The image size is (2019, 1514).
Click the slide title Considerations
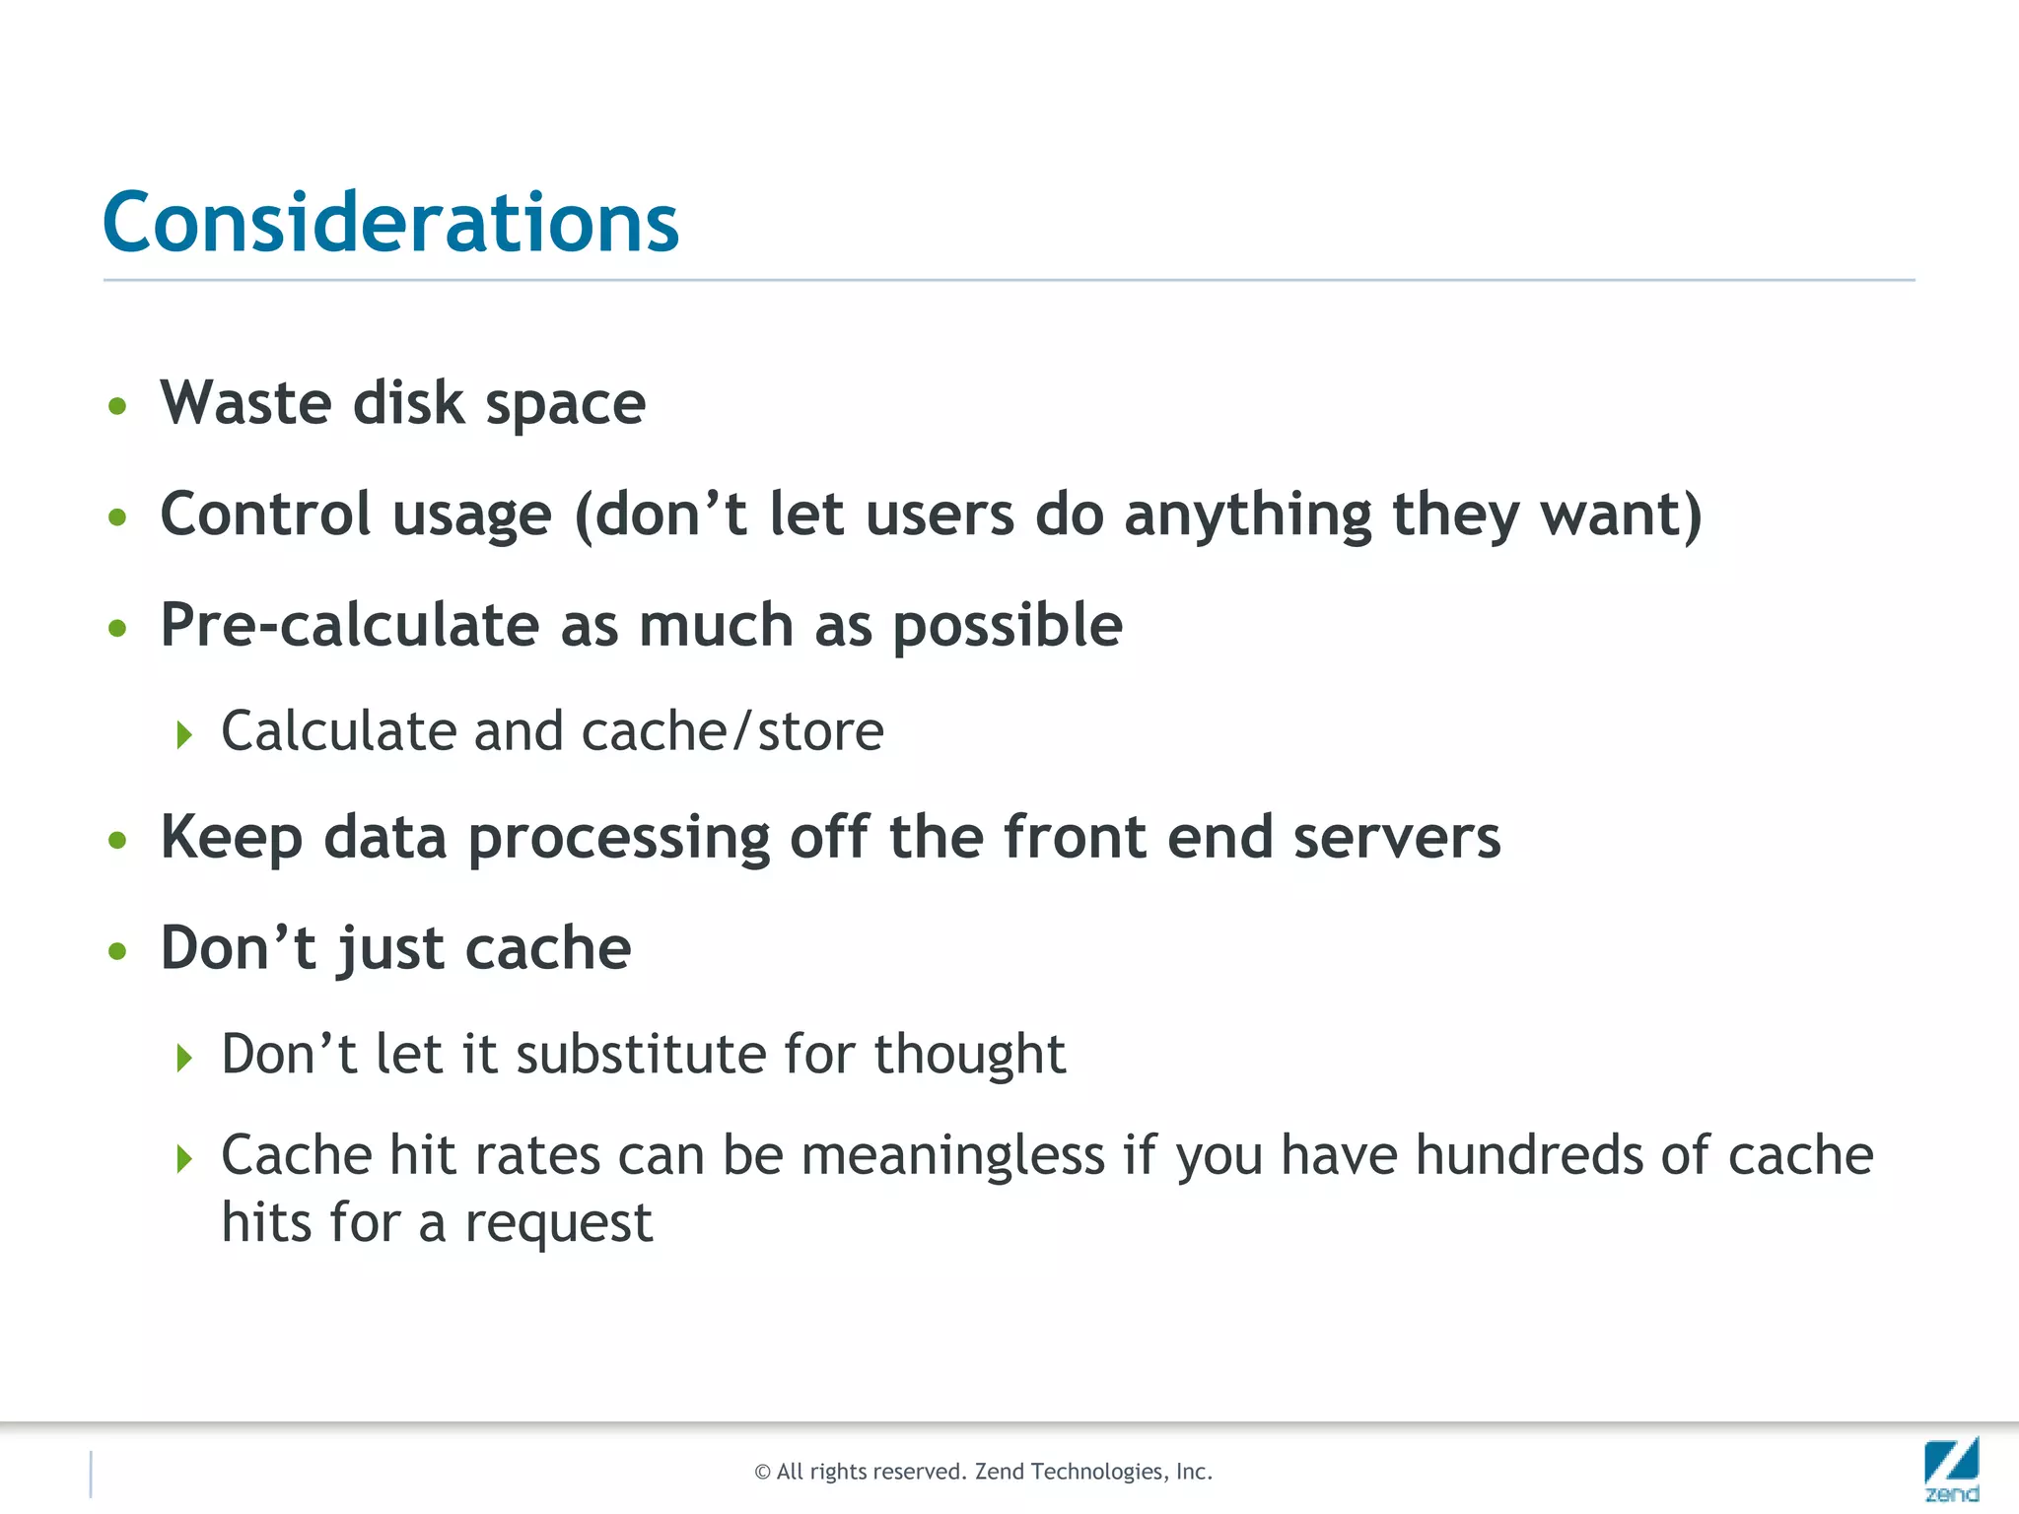(x=390, y=223)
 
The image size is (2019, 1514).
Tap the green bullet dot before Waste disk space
(x=118, y=405)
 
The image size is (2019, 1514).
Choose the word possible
(x=1008, y=627)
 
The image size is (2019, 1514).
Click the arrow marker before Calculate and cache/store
(x=184, y=734)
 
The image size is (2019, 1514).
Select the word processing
(x=618, y=839)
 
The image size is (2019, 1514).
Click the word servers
(x=1396, y=837)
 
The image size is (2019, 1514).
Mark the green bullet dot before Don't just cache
(x=118, y=951)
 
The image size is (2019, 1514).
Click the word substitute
(x=641, y=1054)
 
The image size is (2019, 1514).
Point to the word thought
(x=969, y=1054)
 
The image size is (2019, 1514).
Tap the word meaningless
(x=952, y=1155)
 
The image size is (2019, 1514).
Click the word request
(x=558, y=1224)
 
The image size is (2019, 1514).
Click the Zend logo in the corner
(x=1951, y=1469)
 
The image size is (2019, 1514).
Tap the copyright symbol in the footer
(x=762, y=1473)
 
